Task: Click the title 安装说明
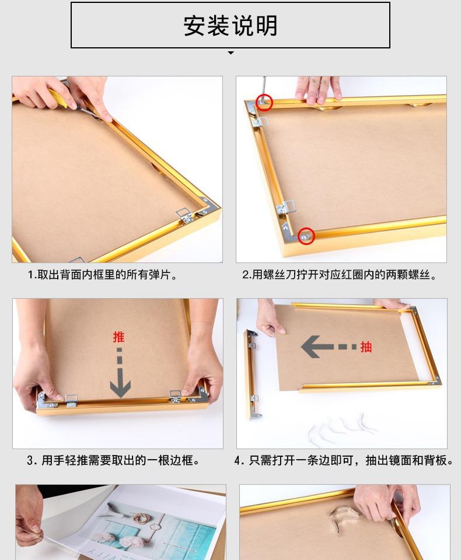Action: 230,26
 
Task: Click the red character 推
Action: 118,337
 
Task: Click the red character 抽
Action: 366,346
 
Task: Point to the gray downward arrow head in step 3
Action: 120,387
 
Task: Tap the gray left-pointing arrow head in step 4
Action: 310,346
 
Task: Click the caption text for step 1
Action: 102,275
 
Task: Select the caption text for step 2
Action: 340,275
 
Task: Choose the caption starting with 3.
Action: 113,460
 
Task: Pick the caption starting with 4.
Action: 344,460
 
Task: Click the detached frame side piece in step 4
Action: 253,374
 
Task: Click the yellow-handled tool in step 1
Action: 59,98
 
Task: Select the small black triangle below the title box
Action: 231,52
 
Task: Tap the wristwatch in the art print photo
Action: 155,526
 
